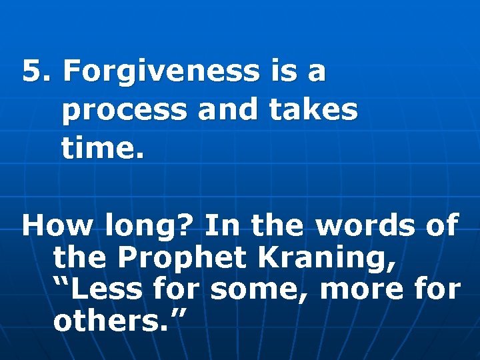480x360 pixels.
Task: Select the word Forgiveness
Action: tap(159, 71)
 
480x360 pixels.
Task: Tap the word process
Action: tap(123, 111)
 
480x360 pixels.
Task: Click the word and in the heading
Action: tap(227, 110)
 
